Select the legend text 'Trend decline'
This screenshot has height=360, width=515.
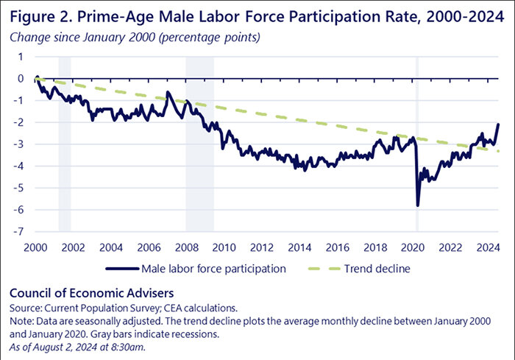click(x=377, y=269)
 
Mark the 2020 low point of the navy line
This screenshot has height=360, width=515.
click(x=418, y=205)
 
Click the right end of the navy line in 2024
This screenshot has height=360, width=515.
click(x=498, y=124)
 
